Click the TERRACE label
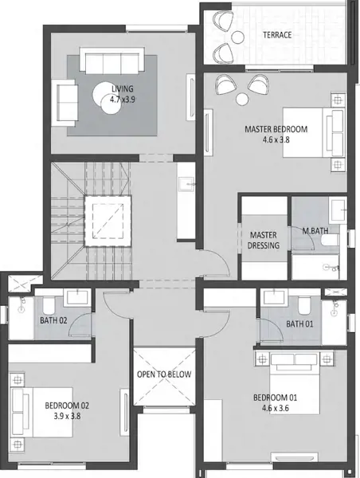[277, 35]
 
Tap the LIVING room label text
[123, 88]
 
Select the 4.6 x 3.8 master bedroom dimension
[276, 139]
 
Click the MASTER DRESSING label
[264, 241]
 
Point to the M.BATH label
[315, 231]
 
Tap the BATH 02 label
[53, 320]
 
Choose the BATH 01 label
[299, 323]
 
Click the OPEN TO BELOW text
[164, 374]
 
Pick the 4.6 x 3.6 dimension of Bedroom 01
[276, 408]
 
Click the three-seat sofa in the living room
[112, 61]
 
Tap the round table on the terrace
[238, 37]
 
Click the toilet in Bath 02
[48, 306]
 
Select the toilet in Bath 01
[304, 306]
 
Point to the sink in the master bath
[338, 210]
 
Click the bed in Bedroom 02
[42, 412]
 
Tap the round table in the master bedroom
[242, 100]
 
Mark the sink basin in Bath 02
[77, 297]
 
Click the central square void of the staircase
[108, 221]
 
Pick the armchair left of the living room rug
[64, 103]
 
